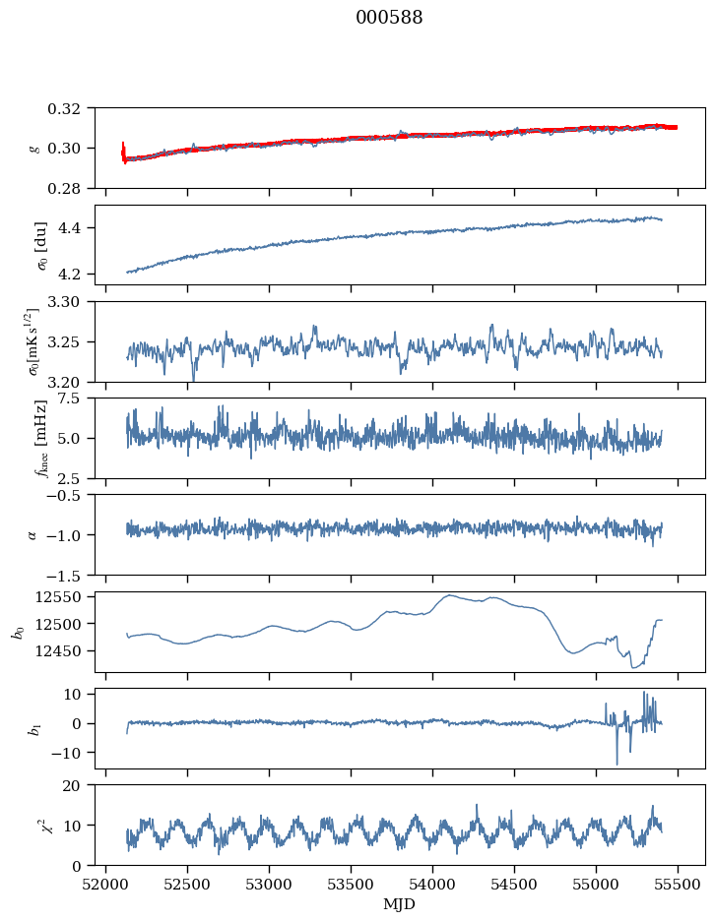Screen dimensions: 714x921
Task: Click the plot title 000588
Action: pos(389,18)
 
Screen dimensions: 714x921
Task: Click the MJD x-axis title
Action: pos(400,904)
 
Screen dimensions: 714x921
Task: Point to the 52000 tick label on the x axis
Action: pos(105,885)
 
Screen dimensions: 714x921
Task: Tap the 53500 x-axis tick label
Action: pos(351,885)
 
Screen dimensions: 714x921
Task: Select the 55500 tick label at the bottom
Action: pos(678,885)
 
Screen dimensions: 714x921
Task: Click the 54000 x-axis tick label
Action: pos(432,885)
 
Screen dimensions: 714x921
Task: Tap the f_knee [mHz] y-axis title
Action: pos(40,438)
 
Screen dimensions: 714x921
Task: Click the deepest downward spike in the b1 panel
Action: pos(617,764)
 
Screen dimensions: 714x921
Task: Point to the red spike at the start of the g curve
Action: pos(123,153)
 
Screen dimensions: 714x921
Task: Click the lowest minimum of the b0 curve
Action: pos(633,667)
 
